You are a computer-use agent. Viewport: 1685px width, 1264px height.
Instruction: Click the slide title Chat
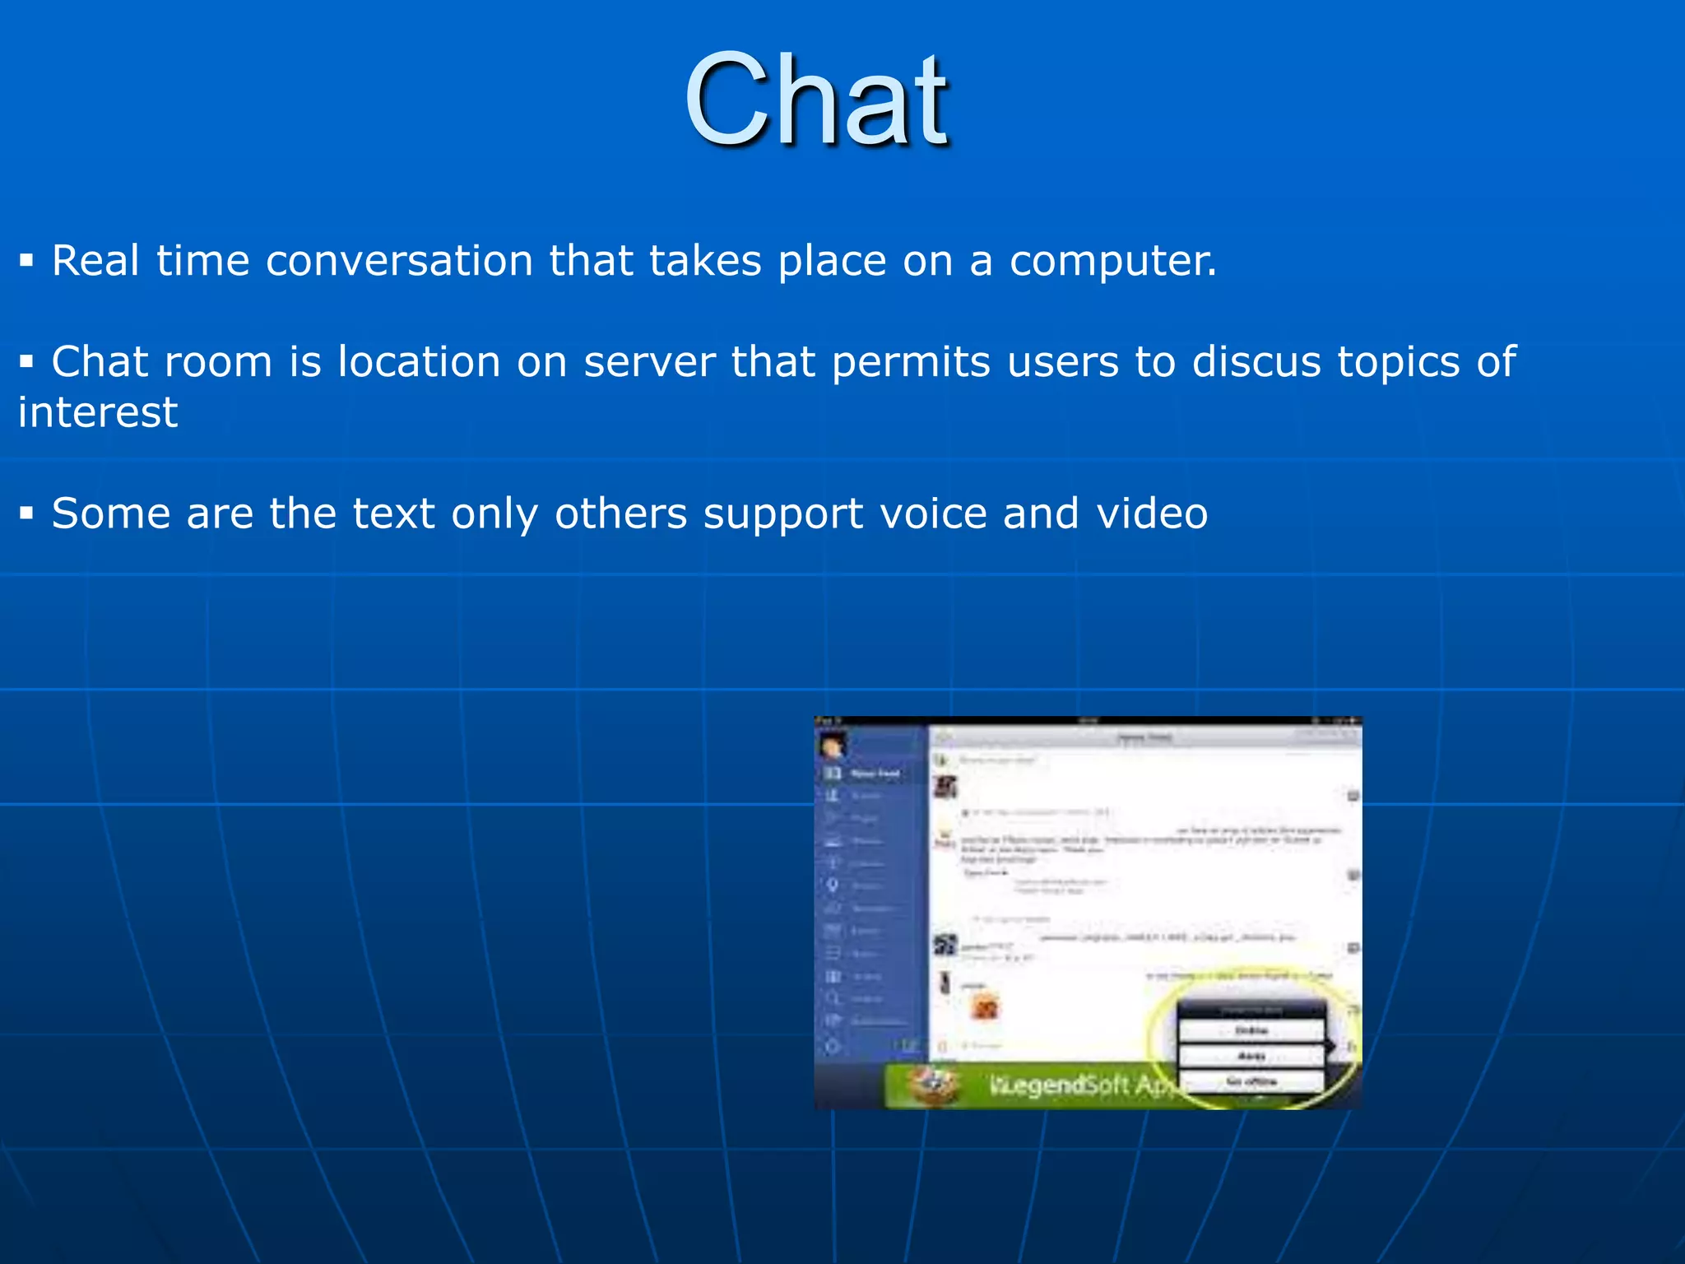(x=816, y=100)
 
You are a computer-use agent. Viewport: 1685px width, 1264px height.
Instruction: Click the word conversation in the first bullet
(x=399, y=261)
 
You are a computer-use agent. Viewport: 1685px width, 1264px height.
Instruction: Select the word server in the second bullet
(x=649, y=362)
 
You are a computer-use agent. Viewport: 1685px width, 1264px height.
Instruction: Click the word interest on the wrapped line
(x=98, y=412)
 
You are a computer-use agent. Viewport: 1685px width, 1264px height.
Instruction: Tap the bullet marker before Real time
(x=27, y=262)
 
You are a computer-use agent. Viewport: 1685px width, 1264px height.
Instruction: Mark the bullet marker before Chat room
(x=27, y=362)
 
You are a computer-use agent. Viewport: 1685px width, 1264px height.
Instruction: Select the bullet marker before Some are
(x=27, y=514)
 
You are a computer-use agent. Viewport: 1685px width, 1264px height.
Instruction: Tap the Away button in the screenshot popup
(x=1251, y=1056)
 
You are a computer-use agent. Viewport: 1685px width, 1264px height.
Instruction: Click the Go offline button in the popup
(x=1251, y=1081)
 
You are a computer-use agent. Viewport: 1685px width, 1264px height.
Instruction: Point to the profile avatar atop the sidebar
(x=831, y=746)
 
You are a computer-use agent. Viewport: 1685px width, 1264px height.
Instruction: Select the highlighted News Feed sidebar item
(x=872, y=774)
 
